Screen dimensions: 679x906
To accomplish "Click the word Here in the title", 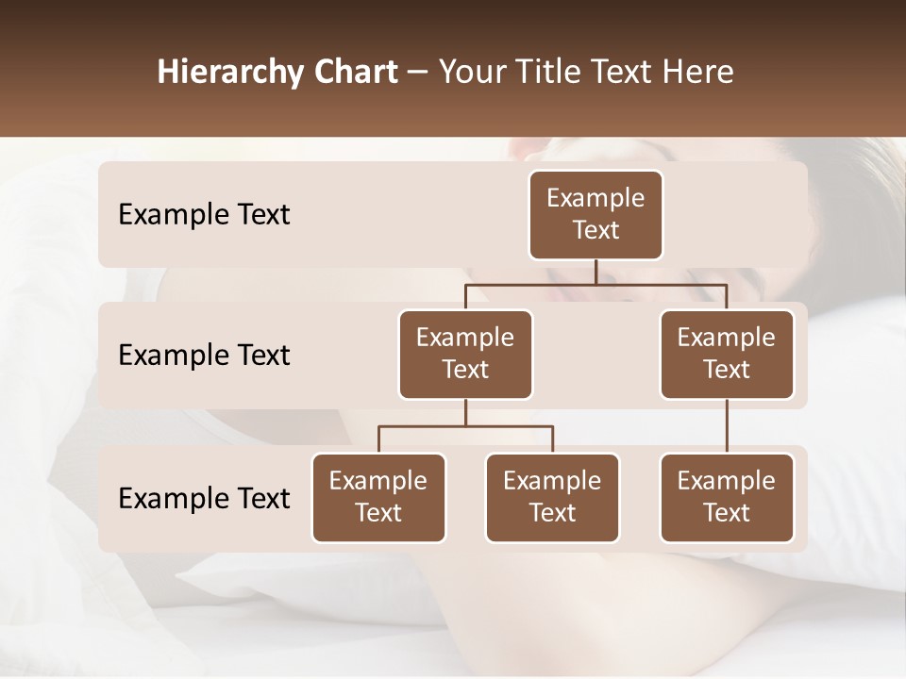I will point(698,73).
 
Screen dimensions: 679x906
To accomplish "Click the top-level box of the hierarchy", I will point(596,215).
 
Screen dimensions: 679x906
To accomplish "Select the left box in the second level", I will point(465,355).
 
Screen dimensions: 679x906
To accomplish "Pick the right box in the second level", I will point(727,355).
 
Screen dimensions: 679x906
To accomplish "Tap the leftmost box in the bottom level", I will point(378,498).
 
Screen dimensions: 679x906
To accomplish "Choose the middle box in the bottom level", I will point(552,498).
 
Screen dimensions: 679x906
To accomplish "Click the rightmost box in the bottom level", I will point(727,498).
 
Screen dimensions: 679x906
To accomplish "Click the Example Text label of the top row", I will point(204,215).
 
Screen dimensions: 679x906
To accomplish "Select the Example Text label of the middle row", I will point(204,356).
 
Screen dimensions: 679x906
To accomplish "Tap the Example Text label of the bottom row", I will point(204,499).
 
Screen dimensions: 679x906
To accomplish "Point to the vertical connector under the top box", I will point(596,272).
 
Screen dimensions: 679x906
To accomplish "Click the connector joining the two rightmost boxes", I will point(727,426).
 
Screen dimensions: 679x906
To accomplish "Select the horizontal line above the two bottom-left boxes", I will point(465,426).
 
